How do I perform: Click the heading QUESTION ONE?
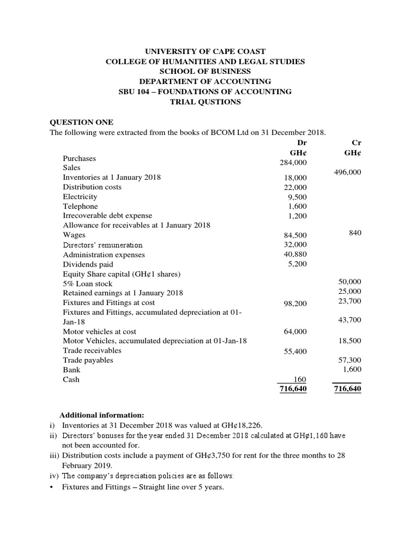81,123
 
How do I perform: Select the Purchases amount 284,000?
292,163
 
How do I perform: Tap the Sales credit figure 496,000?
347,173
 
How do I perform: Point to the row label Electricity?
80,196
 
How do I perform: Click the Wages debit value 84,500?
295,235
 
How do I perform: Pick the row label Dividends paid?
88,264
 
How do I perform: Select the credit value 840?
355,233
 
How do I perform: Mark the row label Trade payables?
88,360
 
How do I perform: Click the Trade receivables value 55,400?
295,352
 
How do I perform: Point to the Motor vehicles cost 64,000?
295,332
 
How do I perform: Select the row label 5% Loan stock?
88,284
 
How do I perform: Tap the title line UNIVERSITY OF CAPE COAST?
205,52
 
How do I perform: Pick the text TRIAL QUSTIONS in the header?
205,102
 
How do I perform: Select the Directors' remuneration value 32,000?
295,245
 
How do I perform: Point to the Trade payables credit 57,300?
350,361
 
